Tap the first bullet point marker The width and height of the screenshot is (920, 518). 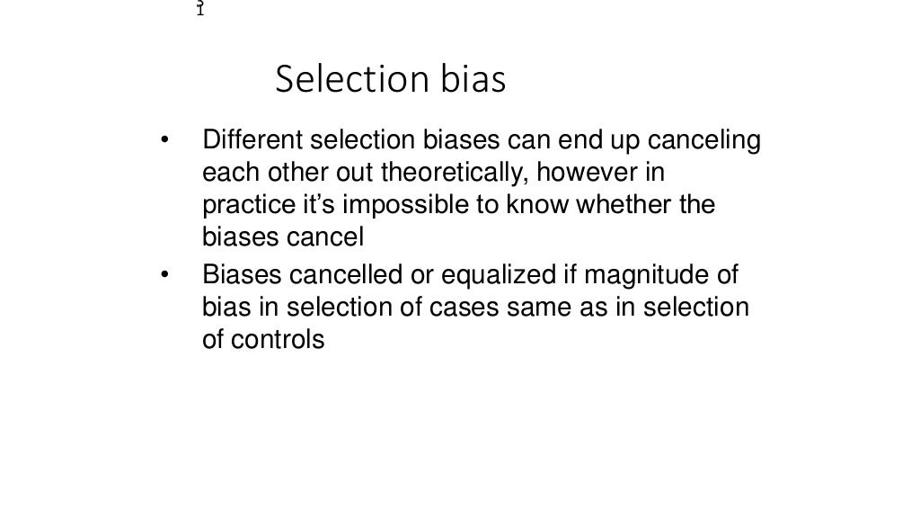164,141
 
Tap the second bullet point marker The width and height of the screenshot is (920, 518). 164,274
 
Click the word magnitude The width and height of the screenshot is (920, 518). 650,274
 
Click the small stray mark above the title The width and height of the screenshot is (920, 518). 200,9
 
